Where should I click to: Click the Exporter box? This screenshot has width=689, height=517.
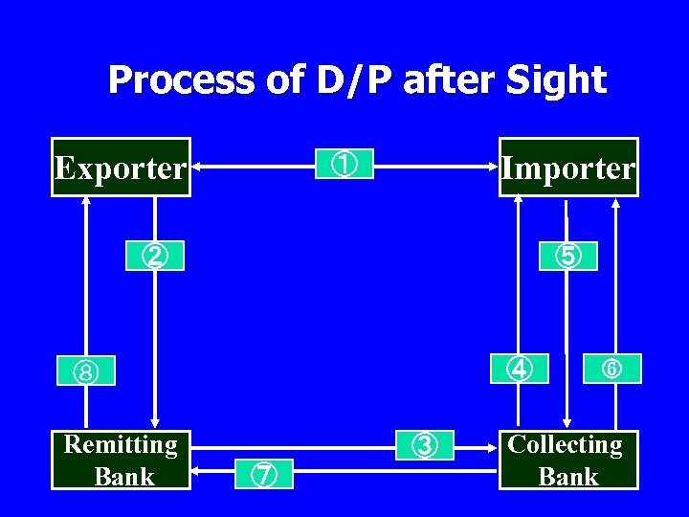[121, 168]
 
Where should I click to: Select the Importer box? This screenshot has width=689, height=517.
[568, 168]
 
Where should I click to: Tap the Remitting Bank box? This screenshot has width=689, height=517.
[121, 460]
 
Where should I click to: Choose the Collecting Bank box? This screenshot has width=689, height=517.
[568, 460]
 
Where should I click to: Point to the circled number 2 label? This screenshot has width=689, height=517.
[154, 256]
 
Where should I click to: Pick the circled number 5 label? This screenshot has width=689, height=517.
[567, 256]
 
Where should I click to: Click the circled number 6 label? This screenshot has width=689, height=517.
[612, 368]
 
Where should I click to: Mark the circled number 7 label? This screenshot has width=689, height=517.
[265, 472]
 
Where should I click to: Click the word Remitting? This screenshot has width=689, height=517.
[121, 444]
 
